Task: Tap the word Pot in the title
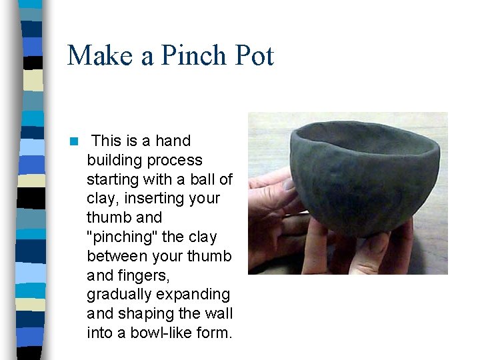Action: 252,55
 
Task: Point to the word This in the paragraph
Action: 106,141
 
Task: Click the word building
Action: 115,160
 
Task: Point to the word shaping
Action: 139,313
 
